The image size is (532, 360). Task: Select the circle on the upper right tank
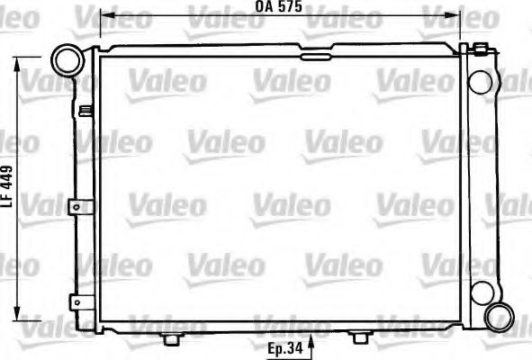[482, 82]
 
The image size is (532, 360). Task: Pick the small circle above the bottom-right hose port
[482, 292]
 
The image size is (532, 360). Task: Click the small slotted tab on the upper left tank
[86, 112]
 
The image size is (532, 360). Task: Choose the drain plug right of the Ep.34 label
[360, 337]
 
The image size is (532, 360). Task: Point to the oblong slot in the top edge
[315, 57]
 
